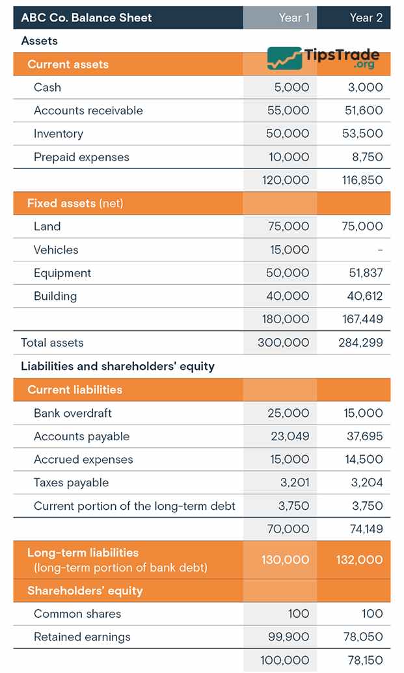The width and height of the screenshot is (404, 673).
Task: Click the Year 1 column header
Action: [x=293, y=18]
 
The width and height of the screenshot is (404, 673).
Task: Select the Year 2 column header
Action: [x=366, y=18]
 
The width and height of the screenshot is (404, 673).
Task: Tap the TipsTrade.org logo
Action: [x=323, y=59]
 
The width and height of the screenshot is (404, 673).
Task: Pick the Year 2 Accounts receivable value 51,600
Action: [x=364, y=111]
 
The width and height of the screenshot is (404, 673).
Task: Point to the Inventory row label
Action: [x=59, y=134]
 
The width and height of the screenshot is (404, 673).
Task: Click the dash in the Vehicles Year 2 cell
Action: [x=380, y=250]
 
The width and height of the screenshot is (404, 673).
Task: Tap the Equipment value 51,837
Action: [x=366, y=273]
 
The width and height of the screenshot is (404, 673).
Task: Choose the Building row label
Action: [x=55, y=297]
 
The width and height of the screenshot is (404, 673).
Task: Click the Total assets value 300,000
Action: [x=284, y=343]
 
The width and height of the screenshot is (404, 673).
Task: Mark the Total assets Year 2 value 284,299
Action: [x=360, y=343]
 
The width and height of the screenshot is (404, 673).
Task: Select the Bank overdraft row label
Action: [x=73, y=413]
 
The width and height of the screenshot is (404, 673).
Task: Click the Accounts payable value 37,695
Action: [x=364, y=436]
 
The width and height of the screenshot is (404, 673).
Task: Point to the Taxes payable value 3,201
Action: [x=293, y=482]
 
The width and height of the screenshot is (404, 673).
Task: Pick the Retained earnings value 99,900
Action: [x=289, y=637]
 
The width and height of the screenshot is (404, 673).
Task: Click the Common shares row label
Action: [x=77, y=614]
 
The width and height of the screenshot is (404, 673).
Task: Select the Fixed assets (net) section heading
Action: [x=75, y=204]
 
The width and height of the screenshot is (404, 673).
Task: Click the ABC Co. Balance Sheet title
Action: [x=87, y=18]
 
